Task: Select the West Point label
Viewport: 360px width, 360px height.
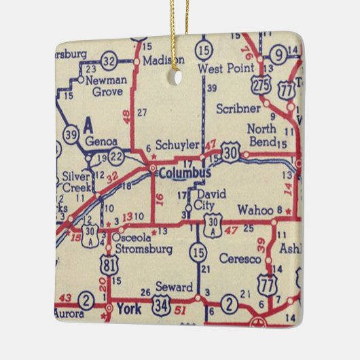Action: pyautogui.click(x=221, y=69)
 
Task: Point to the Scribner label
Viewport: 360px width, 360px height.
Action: pyautogui.click(x=238, y=108)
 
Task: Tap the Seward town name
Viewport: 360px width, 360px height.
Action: pyautogui.click(x=175, y=287)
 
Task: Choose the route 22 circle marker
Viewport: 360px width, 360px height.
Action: pyautogui.click(x=116, y=158)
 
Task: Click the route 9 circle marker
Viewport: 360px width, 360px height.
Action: pyautogui.click(x=278, y=54)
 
